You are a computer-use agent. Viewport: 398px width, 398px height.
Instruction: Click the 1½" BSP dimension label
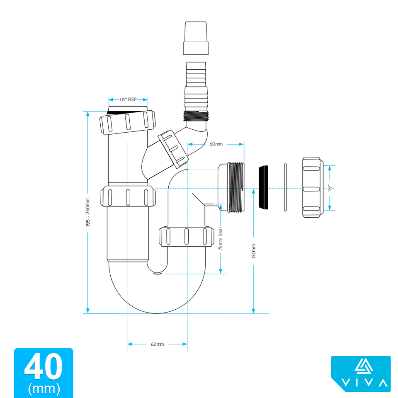(128, 99)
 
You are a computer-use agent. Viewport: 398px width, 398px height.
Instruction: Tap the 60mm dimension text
(216, 144)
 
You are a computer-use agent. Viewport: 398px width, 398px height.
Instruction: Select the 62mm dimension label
(157, 344)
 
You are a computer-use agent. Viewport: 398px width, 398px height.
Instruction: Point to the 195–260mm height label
(87, 212)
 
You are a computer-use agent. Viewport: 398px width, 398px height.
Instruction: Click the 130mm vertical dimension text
(253, 251)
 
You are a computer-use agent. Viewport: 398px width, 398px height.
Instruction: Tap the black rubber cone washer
(263, 187)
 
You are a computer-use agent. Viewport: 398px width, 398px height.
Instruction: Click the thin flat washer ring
(286, 188)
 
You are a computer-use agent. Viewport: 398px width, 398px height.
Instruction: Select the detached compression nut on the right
(313, 188)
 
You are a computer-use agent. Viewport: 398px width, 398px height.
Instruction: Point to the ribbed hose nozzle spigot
(196, 85)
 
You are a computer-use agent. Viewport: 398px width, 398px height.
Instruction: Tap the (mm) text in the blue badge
(44, 389)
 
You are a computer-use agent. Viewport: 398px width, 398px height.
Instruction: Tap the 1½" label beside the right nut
(330, 188)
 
